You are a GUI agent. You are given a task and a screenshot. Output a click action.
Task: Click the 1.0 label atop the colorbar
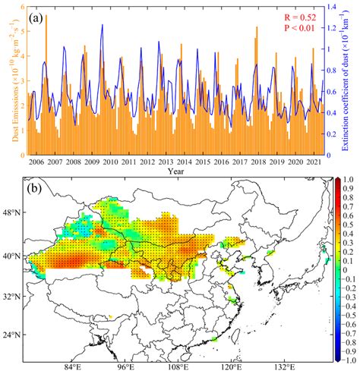point(350,181)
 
